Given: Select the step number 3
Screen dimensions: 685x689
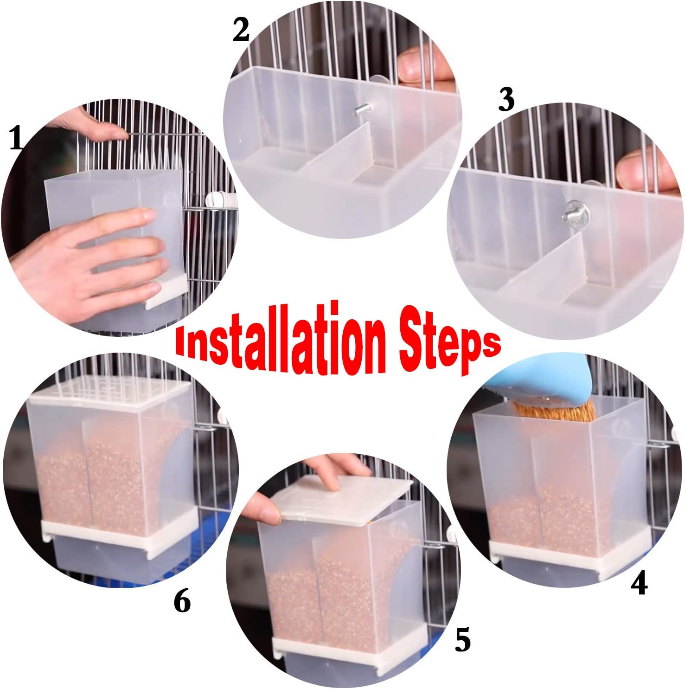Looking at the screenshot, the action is point(506,101).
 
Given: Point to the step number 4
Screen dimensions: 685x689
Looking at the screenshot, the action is point(639,583).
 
